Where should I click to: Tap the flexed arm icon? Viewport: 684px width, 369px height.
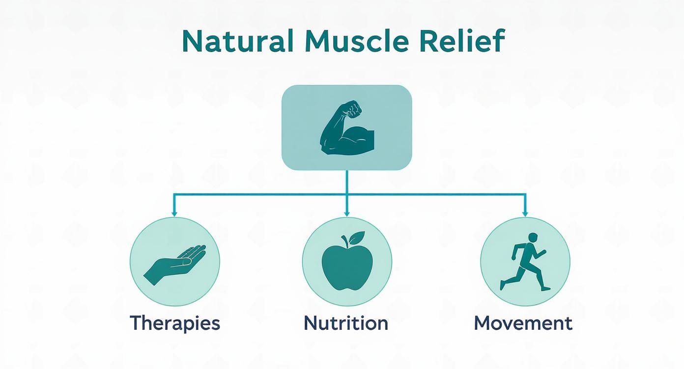coord(347,129)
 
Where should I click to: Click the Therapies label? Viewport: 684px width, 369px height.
coord(175,323)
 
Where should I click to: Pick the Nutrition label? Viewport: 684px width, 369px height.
coord(346,323)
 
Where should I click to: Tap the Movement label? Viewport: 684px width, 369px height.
coord(523,323)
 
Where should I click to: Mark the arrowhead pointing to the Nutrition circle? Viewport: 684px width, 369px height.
coord(347,213)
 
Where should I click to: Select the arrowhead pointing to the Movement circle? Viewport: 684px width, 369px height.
coord(525,213)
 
